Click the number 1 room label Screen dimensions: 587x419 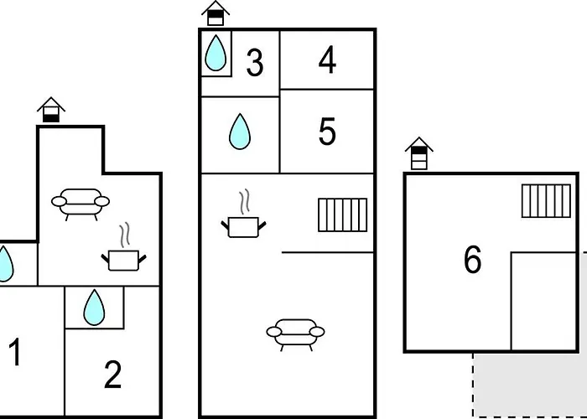click(15, 352)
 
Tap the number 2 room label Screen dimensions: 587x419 click(112, 374)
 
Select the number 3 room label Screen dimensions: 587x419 click(255, 63)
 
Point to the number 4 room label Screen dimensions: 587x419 click(327, 59)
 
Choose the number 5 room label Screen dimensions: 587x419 click(327, 131)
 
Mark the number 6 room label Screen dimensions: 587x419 click(472, 259)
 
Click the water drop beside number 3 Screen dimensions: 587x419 click(216, 53)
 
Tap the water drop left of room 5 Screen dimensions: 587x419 click(240, 132)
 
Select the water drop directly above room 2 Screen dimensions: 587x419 click(94, 308)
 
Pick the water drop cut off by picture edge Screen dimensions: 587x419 click(5, 264)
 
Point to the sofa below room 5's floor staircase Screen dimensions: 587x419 click(295, 335)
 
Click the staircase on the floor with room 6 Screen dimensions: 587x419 click(546, 201)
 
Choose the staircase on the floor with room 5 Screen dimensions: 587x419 click(342, 215)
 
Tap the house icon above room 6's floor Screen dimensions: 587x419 click(419, 153)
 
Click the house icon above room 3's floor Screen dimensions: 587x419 click(216, 13)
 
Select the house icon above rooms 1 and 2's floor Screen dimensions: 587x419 click(51, 110)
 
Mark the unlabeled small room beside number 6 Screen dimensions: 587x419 click(543, 302)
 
